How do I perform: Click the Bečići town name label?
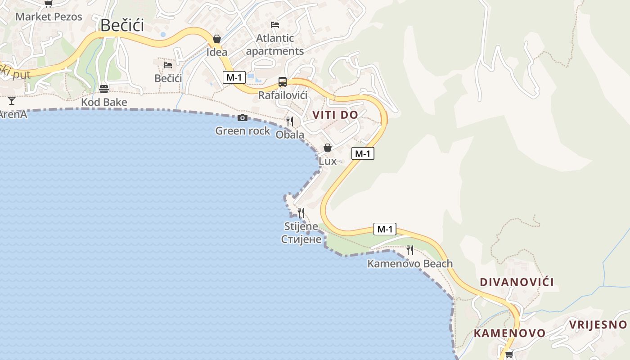(x=122, y=25)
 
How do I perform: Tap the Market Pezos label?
(x=49, y=17)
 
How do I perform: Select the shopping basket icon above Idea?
(x=217, y=39)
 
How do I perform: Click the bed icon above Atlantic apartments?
(x=275, y=25)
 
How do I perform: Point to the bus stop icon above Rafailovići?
(x=283, y=82)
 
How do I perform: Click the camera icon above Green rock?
(x=243, y=118)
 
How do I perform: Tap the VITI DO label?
(x=335, y=115)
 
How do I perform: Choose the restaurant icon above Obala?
(x=290, y=121)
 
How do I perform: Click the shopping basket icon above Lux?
(x=328, y=148)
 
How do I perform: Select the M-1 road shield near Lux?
(x=362, y=153)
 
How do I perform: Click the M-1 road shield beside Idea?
(x=234, y=77)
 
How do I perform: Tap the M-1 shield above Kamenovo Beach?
(x=385, y=229)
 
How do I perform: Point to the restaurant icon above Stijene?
(x=301, y=213)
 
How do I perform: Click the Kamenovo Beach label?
(x=410, y=264)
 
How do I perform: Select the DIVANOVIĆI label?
(x=517, y=282)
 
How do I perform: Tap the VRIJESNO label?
(x=598, y=324)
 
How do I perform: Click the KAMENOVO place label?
(x=509, y=333)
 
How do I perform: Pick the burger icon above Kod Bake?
(x=104, y=89)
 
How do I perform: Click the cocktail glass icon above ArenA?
(x=11, y=101)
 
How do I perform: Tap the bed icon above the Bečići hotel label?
(x=168, y=65)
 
